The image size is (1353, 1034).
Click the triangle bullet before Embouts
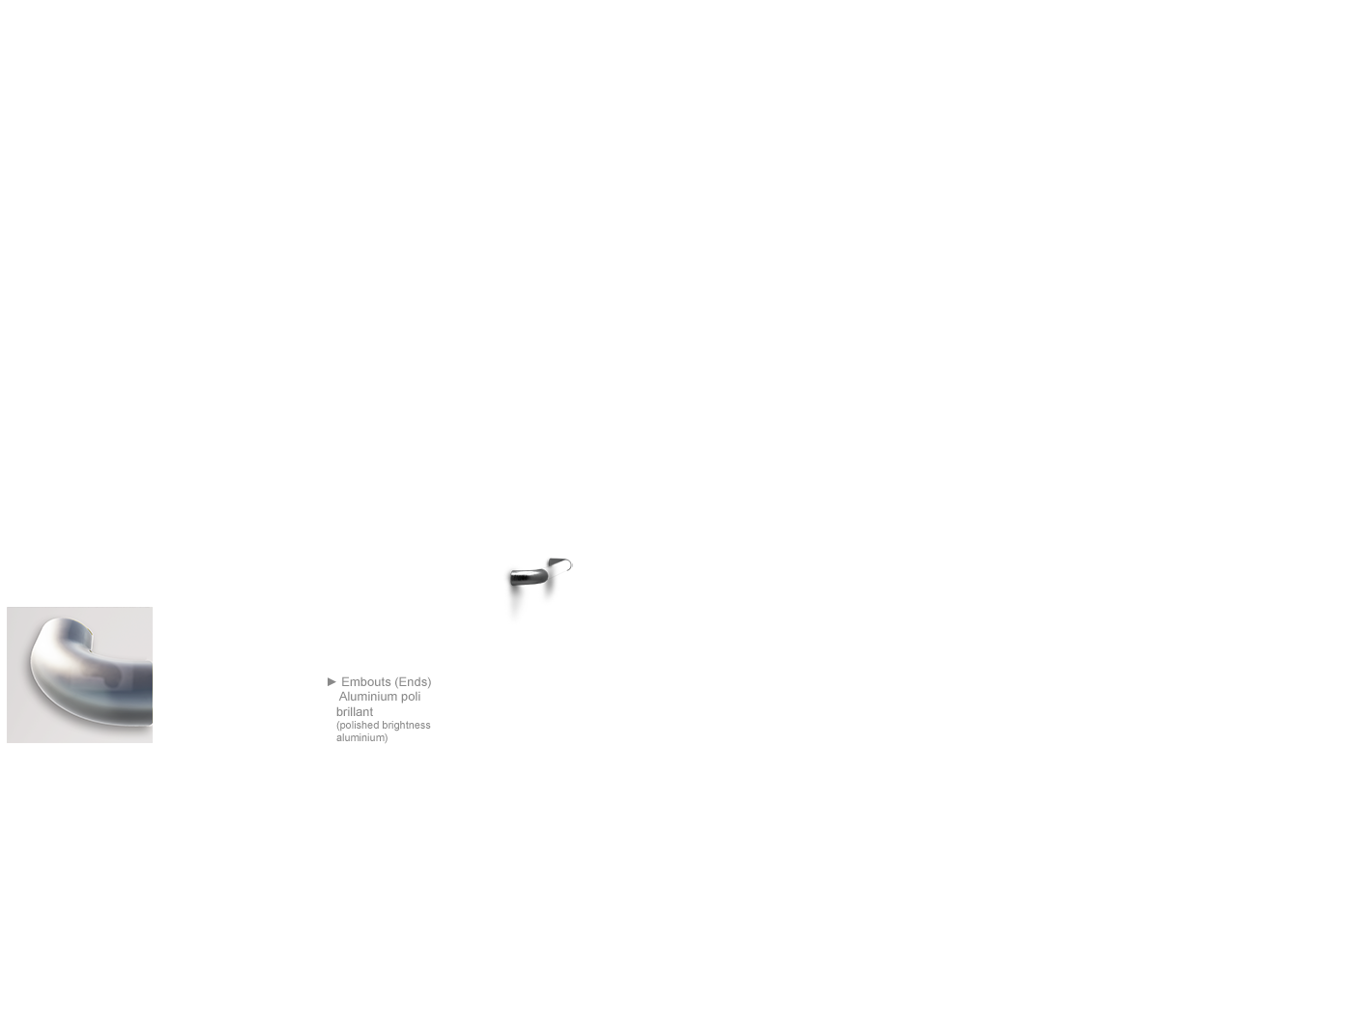point(331,681)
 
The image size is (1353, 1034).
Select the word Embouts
point(366,682)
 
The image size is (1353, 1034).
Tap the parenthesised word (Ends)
point(413,682)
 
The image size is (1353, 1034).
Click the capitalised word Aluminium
point(368,697)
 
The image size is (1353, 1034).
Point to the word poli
point(411,697)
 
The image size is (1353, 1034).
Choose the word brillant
point(355,712)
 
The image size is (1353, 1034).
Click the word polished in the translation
point(358,726)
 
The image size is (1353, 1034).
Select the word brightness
point(406,726)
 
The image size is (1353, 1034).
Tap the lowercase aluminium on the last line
point(361,737)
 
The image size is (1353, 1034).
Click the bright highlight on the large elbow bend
point(46,666)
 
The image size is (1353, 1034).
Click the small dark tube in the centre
point(529,577)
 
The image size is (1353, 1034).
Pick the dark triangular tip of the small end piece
point(555,562)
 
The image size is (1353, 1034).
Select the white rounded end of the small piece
point(567,565)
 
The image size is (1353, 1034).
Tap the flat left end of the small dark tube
point(511,578)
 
